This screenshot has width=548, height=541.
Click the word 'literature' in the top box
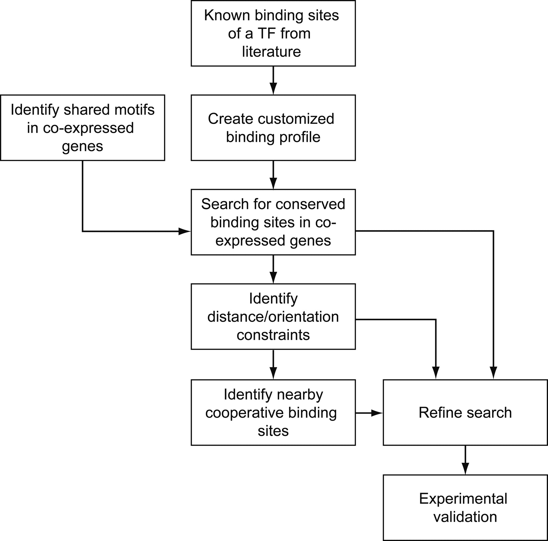click(x=271, y=52)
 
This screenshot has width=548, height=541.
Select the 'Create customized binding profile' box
click(x=273, y=128)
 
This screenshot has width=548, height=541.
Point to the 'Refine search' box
click(x=465, y=413)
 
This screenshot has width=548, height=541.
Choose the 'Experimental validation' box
click(x=465, y=508)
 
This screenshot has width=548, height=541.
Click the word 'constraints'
click(x=273, y=335)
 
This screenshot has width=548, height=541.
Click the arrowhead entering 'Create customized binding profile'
click(x=273, y=89)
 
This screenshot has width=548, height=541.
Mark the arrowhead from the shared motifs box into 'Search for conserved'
click(x=184, y=231)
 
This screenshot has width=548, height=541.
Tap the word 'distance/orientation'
click(x=273, y=317)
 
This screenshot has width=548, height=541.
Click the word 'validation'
click(x=465, y=517)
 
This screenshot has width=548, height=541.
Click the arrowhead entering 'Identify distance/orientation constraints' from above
click(x=273, y=278)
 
